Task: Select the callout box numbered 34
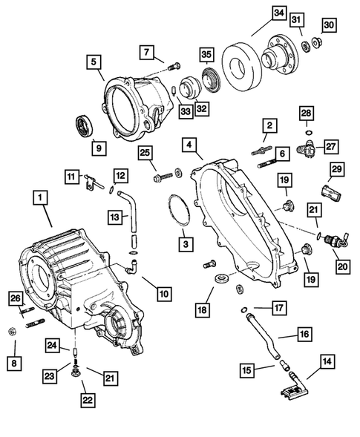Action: pyautogui.click(x=257, y=13)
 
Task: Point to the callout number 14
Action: pyautogui.click(x=327, y=362)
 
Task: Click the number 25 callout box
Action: pyautogui.click(x=145, y=153)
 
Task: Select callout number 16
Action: pyautogui.click(x=304, y=335)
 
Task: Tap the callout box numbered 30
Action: pyautogui.click(x=330, y=24)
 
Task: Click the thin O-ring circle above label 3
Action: pyautogui.click(x=177, y=212)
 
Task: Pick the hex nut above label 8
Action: pyautogui.click(x=16, y=330)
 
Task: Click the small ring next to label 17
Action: pyautogui.click(x=244, y=309)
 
